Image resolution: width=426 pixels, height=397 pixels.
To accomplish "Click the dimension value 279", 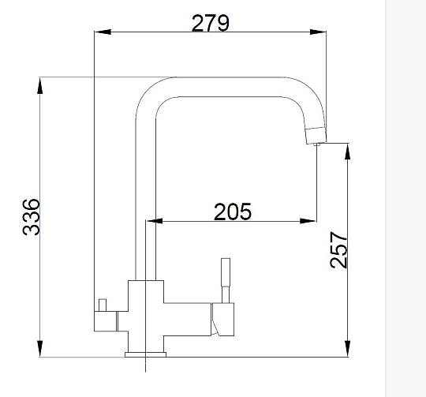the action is (x=211, y=23).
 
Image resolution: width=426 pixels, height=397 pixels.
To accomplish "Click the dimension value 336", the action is (x=32, y=217).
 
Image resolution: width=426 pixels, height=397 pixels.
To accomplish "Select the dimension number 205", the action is (x=233, y=212).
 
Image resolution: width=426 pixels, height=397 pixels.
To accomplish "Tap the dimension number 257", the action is (x=338, y=249).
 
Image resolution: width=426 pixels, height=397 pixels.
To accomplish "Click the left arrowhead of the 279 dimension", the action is (x=103, y=32).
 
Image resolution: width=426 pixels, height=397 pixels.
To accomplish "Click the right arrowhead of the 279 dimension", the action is (x=318, y=32).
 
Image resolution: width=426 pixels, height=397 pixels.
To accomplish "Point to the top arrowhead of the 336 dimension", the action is (x=40, y=86).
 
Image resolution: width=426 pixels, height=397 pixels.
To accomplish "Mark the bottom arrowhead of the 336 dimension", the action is (x=40, y=349).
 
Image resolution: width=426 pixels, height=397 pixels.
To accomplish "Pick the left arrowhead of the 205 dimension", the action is (x=155, y=221).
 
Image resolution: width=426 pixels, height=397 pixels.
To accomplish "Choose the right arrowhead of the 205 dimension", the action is (x=308, y=221).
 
